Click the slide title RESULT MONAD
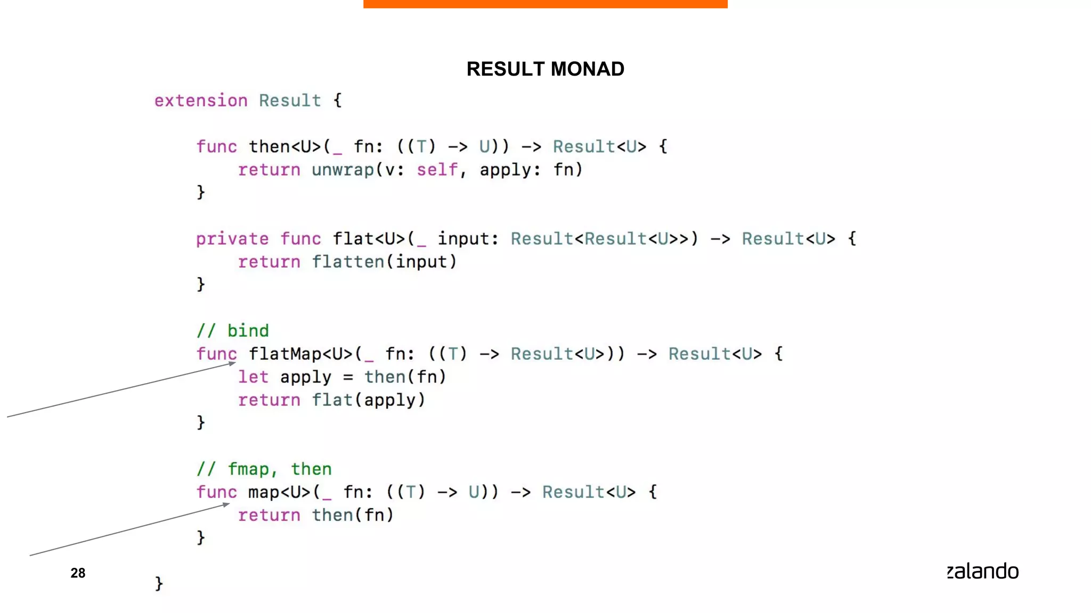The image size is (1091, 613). point(545,69)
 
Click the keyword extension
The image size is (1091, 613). point(201,101)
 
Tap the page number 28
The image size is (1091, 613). point(78,573)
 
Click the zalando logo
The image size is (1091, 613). point(982,571)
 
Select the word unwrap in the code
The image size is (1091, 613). point(343,170)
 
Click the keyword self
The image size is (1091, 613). point(436,170)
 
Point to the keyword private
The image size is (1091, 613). point(232,239)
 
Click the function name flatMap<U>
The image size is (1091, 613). point(301,354)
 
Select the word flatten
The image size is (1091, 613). point(347,262)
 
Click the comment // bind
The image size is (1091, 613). point(232,331)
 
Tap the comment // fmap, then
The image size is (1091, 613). point(264,469)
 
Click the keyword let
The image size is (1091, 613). point(253,377)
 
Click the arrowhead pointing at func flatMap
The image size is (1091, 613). point(232,363)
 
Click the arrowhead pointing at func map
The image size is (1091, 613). point(226,504)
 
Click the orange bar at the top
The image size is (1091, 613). point(545,4)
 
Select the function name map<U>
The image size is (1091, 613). point(279,492)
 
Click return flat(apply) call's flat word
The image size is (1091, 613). point(332,400)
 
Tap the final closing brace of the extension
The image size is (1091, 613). point(159,584)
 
